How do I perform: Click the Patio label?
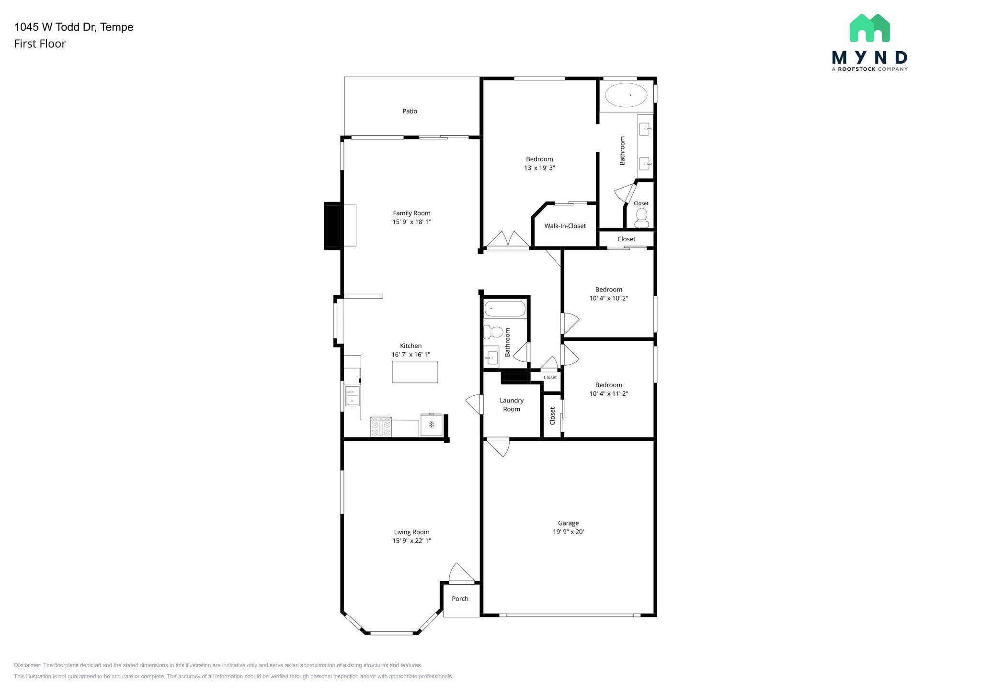[x=410, y=111]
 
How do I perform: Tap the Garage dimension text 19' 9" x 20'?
[x=568, y=532]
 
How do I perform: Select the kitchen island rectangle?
[x=415, y=372]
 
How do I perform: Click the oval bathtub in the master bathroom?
[x=626, y=95]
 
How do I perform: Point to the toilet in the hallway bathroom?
[x=493, y=332]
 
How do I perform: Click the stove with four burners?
[x=381, y=426]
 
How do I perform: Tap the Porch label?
[x=460, y=599]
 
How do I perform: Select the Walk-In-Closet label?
[x=565, y=226]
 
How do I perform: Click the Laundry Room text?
[x=511, y=405]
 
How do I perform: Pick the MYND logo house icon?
[x=869, y=29]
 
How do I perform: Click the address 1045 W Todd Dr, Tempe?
[x=74, y=27]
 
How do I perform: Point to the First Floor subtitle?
[x=40, y=44]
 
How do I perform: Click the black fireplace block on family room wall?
[x=332, y=226]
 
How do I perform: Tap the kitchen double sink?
[x=352, y=396]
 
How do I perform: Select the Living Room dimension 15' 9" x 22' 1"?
[x=411, y=541]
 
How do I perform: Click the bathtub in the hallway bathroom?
[x=504, y=309]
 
